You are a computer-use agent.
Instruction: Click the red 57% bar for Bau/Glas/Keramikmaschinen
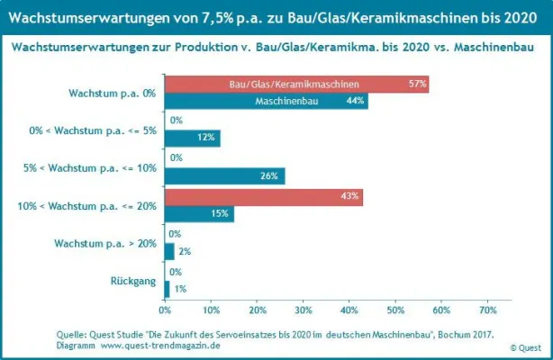(296, 84)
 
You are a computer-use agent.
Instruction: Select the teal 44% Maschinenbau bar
(266, 101)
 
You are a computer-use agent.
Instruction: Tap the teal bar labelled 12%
(192, 138)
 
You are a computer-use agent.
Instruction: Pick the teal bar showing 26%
(224, 175)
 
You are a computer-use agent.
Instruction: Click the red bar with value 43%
(263, 196)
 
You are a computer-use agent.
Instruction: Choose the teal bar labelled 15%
(199, 213)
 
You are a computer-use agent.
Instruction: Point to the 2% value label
(186, 251)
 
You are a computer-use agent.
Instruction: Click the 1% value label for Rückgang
(180, 289)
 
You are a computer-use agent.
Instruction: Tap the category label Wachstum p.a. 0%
(113, 93)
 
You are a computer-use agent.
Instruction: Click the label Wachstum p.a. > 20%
(105, 243)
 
